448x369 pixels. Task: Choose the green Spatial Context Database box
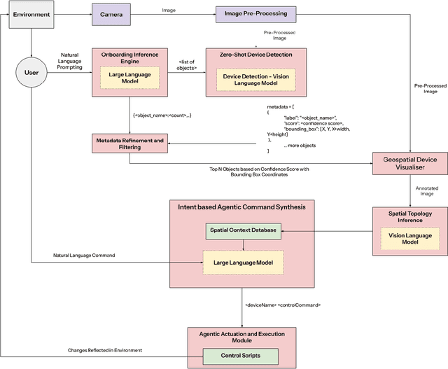pyautogui.click(x=242, y=230)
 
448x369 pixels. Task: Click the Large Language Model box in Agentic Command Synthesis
pyautogui.click(x=242, y=263)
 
